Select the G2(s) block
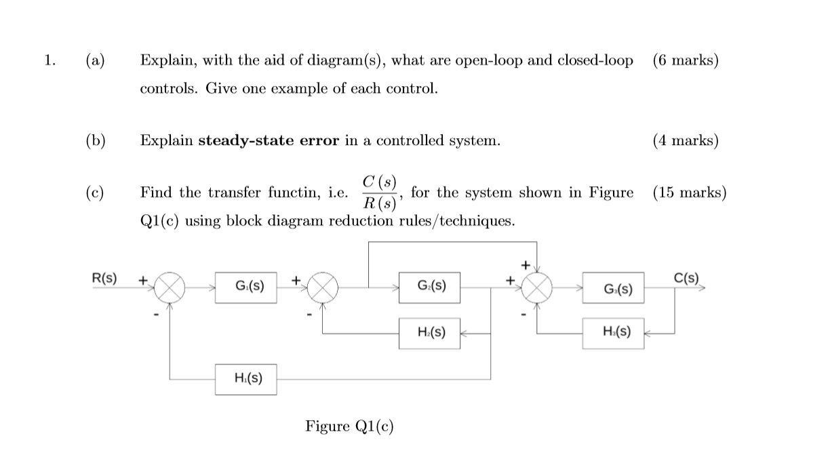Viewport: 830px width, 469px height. (429, 287)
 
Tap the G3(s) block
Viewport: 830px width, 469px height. (613, 290)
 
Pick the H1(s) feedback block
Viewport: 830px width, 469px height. (246, 379)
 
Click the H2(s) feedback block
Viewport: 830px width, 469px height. (429, 333)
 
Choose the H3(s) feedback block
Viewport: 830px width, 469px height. (613, 333)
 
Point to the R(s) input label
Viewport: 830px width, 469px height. (104, 278)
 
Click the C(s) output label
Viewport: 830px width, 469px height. (687, 278)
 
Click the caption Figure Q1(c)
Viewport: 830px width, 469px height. (349, 426)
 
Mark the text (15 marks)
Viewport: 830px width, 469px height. (690, 192)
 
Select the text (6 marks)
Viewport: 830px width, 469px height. (686, 60)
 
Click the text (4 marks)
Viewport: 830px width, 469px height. (686, 140)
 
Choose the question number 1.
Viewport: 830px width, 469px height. (48, 60)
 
